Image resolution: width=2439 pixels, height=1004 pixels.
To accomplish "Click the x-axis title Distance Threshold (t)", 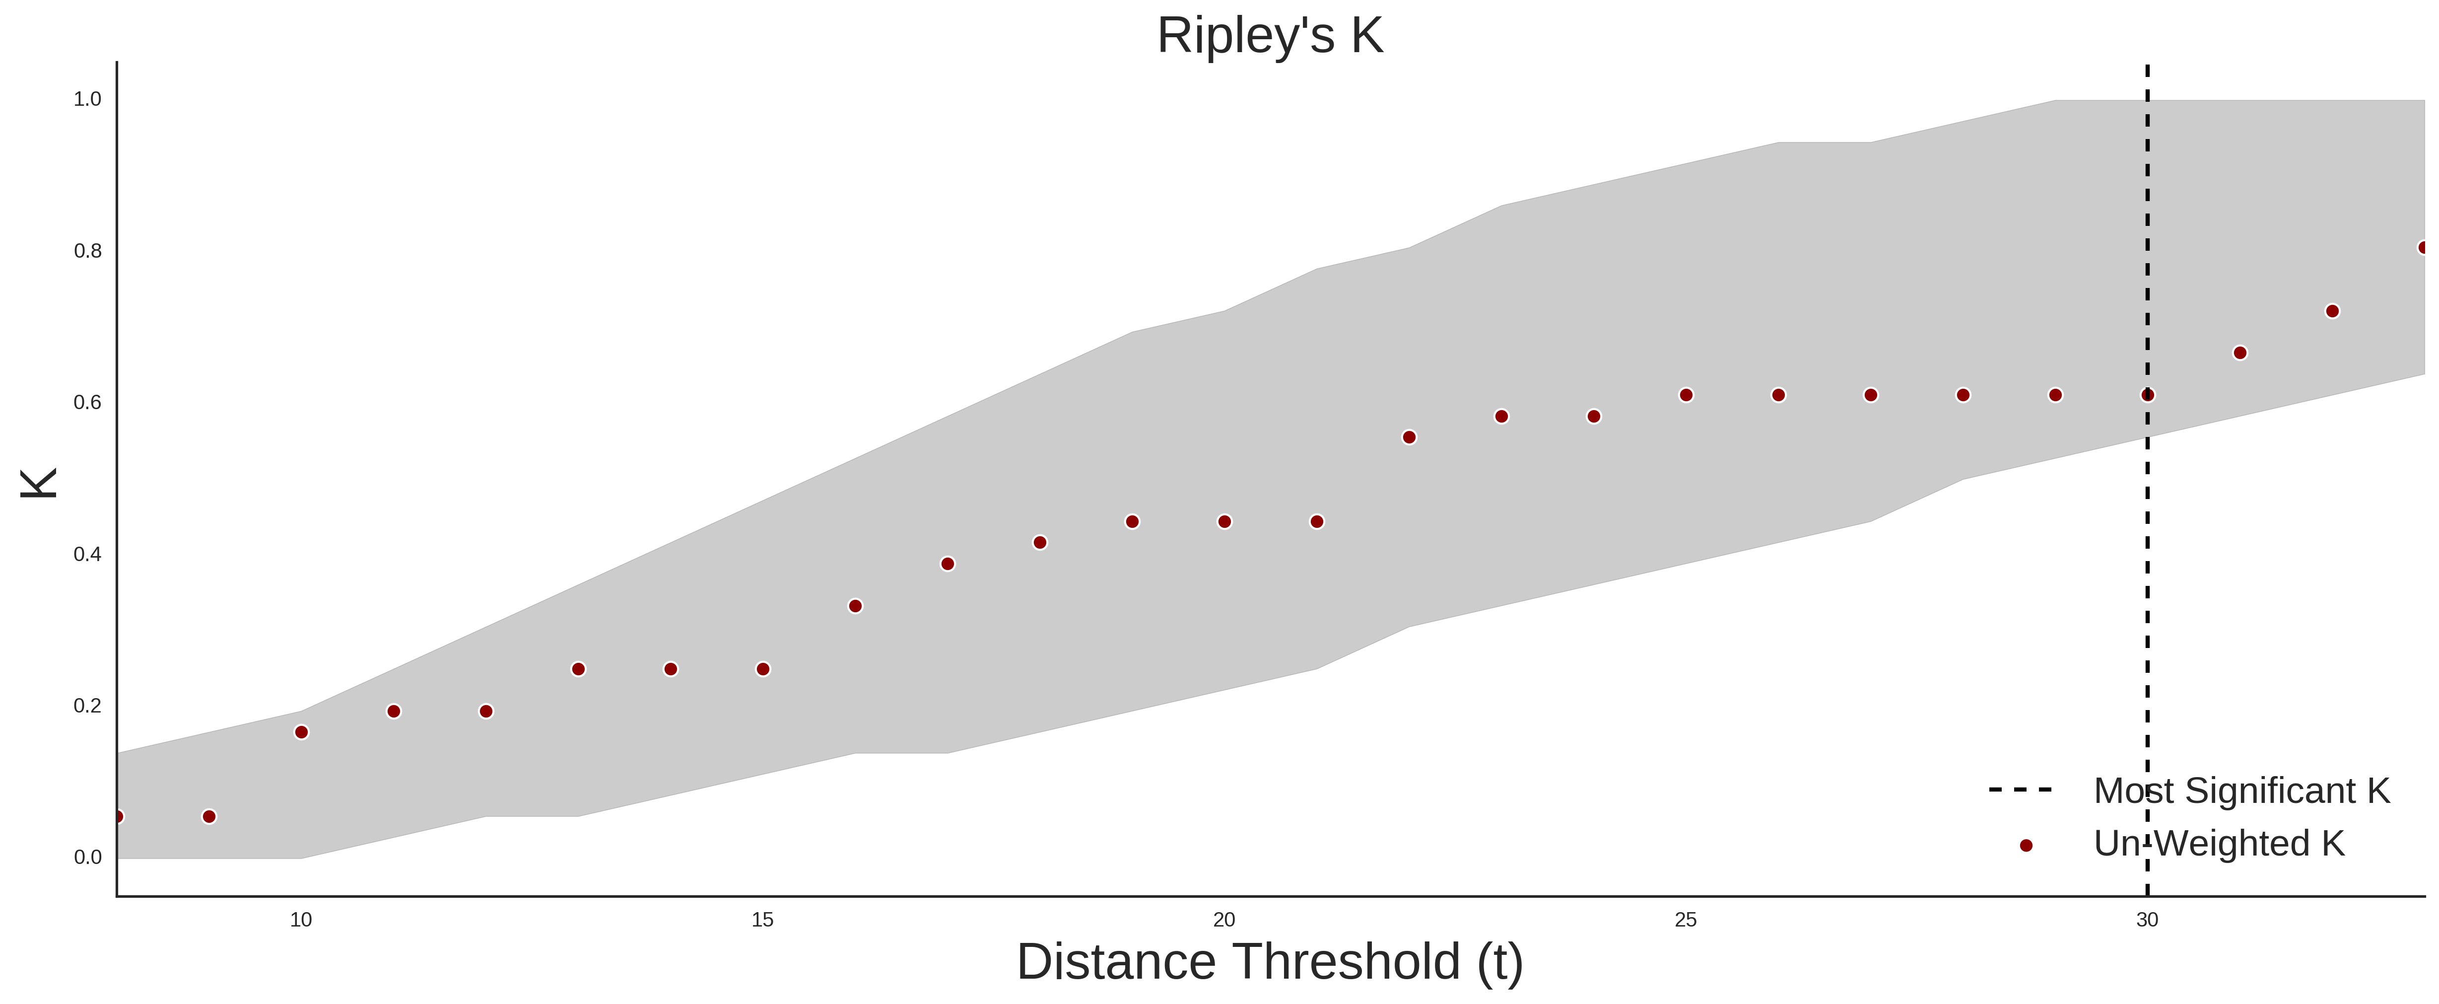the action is point(1270,962).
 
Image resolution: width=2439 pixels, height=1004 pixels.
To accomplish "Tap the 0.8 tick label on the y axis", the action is point(87,251).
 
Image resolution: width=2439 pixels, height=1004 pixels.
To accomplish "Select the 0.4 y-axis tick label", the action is point(87,554).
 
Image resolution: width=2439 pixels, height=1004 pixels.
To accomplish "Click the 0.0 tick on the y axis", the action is point(87,857).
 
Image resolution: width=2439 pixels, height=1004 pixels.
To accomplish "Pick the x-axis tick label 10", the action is point(301,920).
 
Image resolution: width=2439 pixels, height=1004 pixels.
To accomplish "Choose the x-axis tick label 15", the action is point(762,920).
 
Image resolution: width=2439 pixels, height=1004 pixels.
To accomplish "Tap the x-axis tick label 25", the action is point(1686,920).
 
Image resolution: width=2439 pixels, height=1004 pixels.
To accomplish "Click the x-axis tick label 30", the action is point(2147,920).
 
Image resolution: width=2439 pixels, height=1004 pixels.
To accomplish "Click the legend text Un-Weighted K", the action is point(2219,843).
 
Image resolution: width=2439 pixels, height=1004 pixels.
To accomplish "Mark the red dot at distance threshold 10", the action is point(301,732).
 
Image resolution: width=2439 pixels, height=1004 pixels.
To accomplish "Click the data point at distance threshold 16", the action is point(855,606).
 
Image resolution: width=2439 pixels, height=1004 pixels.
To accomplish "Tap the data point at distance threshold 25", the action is point(1686,395).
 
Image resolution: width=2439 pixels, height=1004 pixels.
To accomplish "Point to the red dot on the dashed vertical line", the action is point(2147,395).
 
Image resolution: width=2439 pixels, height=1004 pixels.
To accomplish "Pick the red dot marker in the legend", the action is point(2025,846).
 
